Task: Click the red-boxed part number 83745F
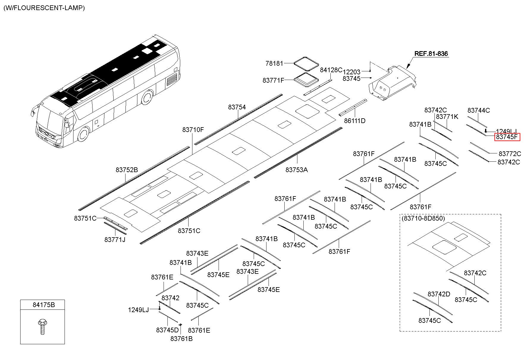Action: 507,137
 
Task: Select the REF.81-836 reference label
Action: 431,54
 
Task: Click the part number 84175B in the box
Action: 44,305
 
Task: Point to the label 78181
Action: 274,63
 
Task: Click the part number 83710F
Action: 193,130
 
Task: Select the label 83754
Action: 237,107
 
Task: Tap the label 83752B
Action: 127,170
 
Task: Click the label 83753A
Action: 297,170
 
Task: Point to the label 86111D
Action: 355,121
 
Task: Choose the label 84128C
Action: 331,70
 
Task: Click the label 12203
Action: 352,72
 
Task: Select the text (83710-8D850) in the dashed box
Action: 423,218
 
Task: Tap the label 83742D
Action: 439,294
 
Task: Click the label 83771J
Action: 115,239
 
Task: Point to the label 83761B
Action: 181,339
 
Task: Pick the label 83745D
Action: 167,330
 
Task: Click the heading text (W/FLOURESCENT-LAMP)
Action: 44,8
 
